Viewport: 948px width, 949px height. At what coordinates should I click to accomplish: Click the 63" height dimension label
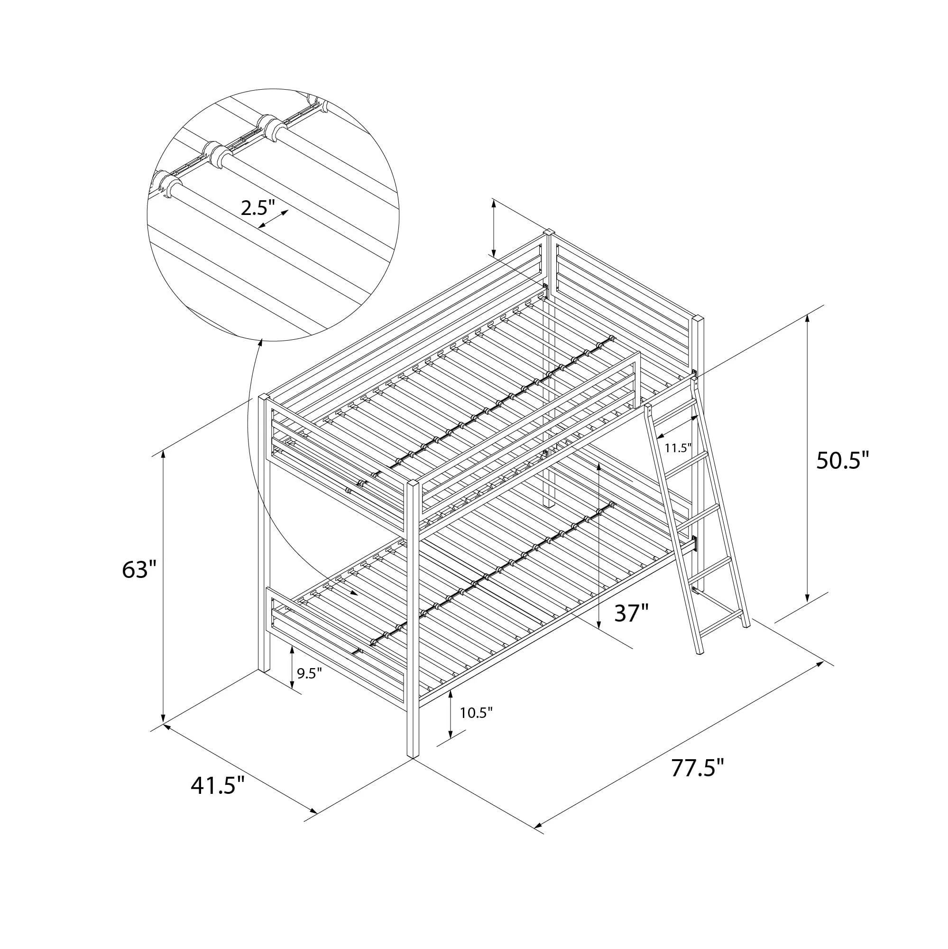(139, 570)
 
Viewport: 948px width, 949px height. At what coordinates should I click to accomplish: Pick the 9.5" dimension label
(309, 672)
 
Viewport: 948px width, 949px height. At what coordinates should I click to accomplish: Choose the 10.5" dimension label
(476, 712)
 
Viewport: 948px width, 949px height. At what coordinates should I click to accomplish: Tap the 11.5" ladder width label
(678, 447)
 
